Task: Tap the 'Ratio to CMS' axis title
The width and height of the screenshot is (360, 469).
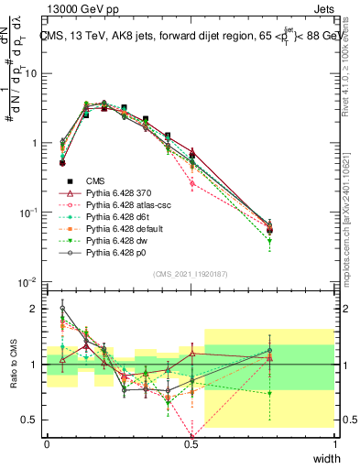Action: [13, 364]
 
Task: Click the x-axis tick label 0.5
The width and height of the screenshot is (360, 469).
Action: [191, 442]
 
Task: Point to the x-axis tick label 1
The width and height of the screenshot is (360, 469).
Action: [335, 442]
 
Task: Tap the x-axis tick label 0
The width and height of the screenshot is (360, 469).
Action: [47, 442]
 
